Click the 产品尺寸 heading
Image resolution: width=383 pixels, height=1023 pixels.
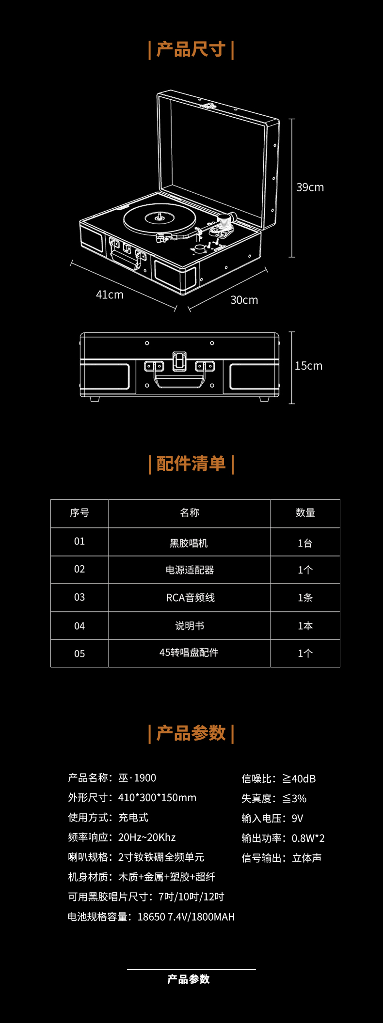pyautogui.click(x=191, y=49)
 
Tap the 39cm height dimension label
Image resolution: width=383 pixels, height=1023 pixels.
pyautogui.click(x=310, y=187)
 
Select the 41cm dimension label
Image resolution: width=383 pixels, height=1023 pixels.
pyautogui.click(x=110, y=295)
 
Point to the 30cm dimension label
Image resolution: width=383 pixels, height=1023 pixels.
pyautogui.click(x=244, y=300)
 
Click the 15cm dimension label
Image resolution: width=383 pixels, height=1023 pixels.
pyautogui.click(x=308, y=366)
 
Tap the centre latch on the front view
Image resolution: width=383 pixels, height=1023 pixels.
pyautogui.click(x=179, y=361)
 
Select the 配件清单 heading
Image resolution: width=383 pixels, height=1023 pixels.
pyautogui.click(x=191, y=464)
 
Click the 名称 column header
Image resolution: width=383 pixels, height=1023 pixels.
pyautogui.click(x=189, y=513)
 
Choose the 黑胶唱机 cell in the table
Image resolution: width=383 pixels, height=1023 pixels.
pyautogui.click(x=189, y=543)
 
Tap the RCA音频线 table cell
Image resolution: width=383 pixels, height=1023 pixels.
pyautogui.click(x=190, y=598)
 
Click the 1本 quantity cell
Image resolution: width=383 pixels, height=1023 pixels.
pyautogui.click(x=305, y=626)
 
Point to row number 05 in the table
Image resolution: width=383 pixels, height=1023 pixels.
pyautogui.click(x=80, y=654)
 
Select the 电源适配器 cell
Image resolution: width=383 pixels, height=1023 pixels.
pyautogui.click(x=190, y=570)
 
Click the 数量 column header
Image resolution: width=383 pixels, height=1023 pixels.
pyautogui.click(x=305, y=513)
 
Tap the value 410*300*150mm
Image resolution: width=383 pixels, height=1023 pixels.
pyautogui.click(x=157, y=798)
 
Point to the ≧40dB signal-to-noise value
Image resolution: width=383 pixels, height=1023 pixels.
pyautogui.click(x=299, y=779)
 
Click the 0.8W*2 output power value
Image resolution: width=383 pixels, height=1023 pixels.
pyautogui.click(x=308, y=838)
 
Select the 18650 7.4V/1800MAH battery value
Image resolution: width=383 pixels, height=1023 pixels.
pyautogui.click(x=186, y=917)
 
